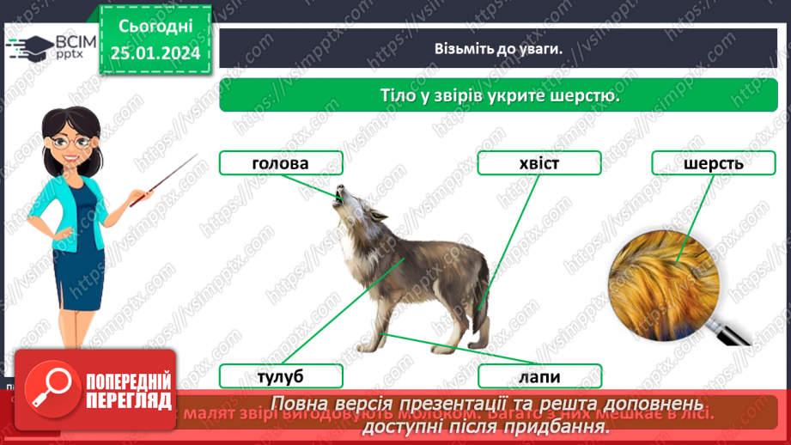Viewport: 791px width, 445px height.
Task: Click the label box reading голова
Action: click(x=280, y=163)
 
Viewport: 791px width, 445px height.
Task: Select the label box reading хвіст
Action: click(x=538, y=163)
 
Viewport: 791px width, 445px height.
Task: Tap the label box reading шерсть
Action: click(x=713, y=163)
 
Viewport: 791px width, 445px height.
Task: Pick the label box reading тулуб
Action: click(x=280, y=376)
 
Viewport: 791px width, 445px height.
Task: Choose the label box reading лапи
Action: click(x=538, y=376)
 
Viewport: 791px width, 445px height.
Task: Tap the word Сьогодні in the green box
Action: click(x=155, y=27)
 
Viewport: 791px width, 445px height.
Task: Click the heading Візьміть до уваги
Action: click(x=497, y=48)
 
